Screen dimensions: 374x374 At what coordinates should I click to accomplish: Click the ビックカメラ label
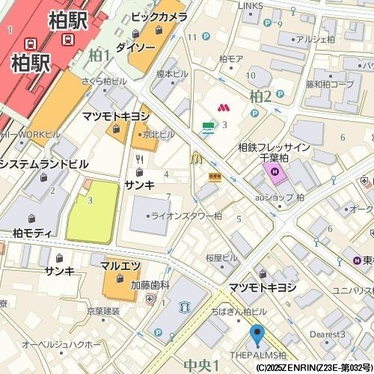click(x=159, y=16)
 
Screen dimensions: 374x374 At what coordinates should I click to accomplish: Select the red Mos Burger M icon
click(x=222, y=109)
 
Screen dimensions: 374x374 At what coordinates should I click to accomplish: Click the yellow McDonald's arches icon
click(x=197, y=158)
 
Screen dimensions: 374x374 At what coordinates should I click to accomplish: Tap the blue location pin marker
click(x=257, y=336)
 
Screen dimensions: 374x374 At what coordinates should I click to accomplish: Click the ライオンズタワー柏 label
click(x=186, y=215)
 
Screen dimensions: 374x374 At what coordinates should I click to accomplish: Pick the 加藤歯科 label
click(x=150, y=285)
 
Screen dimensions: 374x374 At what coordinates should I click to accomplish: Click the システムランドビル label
click(x=44, y=164)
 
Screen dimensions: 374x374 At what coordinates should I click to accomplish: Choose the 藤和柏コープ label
click(x=329, y=85)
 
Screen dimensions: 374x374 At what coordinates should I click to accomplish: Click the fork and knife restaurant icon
click(x=139, y=159)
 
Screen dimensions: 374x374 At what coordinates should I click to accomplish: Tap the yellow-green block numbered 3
click(x=91, y=209)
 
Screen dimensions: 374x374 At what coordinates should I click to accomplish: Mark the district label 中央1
click(x=200, y=365)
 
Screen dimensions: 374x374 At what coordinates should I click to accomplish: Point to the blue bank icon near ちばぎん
click(x=185, y=307)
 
